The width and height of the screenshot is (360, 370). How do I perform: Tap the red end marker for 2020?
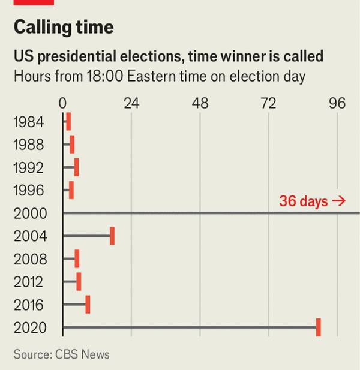click(319, 327)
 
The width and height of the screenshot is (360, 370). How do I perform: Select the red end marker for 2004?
click(112, 236)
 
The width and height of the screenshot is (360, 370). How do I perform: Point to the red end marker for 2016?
click(88, 305)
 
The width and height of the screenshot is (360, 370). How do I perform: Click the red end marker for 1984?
click(68, 122)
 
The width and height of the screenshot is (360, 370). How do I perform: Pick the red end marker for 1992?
click(76, 167)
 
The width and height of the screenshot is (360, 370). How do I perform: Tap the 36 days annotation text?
click(311, 201)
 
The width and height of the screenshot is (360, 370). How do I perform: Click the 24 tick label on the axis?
click(131, 103)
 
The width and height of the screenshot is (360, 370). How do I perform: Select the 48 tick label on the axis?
click(200, 103)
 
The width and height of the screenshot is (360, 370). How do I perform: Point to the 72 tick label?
click(268, 103)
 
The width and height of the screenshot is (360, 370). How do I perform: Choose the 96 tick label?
click(337, 103)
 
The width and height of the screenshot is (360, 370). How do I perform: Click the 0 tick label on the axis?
click(63, 103)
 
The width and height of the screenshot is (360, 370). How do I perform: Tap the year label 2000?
click(29, 213)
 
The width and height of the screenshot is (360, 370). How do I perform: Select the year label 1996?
click(29, 191)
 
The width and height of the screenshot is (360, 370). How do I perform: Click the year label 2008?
click(29, 259)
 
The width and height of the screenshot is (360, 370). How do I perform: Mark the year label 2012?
click(29, 282)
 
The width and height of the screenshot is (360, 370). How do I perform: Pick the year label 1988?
click(29, 145)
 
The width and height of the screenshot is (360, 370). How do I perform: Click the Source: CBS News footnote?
click(61, 354)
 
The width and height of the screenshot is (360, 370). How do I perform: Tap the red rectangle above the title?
click(34, 2)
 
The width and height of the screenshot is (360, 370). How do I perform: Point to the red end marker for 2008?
click(77, 259)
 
